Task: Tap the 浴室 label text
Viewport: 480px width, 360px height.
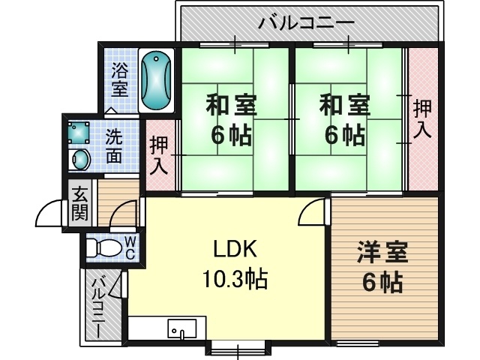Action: (120, 81)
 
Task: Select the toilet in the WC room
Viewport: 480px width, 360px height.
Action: (104, 247)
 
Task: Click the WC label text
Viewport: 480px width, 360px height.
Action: (130, 247)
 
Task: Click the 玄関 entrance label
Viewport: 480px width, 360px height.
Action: (80, 202)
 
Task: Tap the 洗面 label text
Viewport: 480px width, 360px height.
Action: (114, 146)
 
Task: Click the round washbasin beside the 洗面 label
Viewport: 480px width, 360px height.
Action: (79, 160)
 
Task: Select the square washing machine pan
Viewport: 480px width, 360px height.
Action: (79, 133)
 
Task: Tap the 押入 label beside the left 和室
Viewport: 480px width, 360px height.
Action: (158, 155)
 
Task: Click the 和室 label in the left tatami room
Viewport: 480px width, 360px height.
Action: (231, 106)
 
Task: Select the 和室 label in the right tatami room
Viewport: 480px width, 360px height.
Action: (344, 106)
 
